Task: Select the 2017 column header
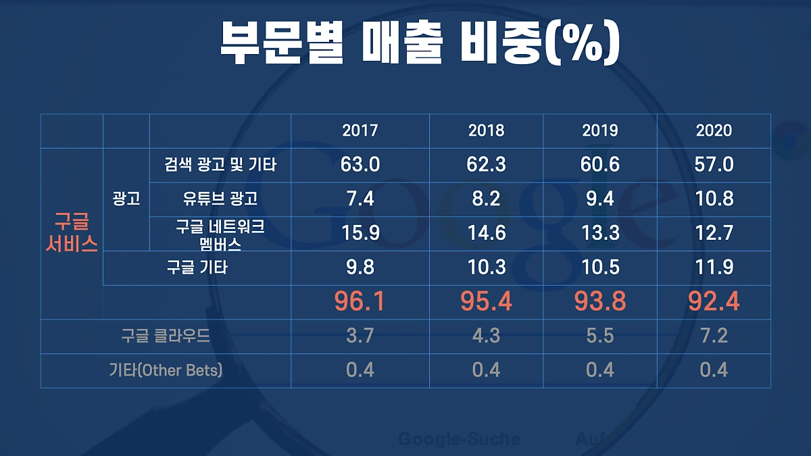pos(360,130)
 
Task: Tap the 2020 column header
pos(714,130)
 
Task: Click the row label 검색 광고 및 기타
pos(220,164)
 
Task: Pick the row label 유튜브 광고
pos(220,199)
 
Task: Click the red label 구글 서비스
pos(72,234)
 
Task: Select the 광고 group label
pos(126,199)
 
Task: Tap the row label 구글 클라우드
pos(166,336)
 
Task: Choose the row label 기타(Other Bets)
pos(166,370)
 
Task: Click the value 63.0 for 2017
pos(360,164)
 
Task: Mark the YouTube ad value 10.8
pos(714,199)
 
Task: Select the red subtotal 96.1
pos(360,301)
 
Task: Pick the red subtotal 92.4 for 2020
pos(714,301)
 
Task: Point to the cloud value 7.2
pos(714,336)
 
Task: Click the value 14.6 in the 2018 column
pos(487,234)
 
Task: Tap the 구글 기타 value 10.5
pos(600,268)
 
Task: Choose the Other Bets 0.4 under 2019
pos(600,370)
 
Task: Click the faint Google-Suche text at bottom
pos(459,439)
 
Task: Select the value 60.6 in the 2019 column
pos(600,164)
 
